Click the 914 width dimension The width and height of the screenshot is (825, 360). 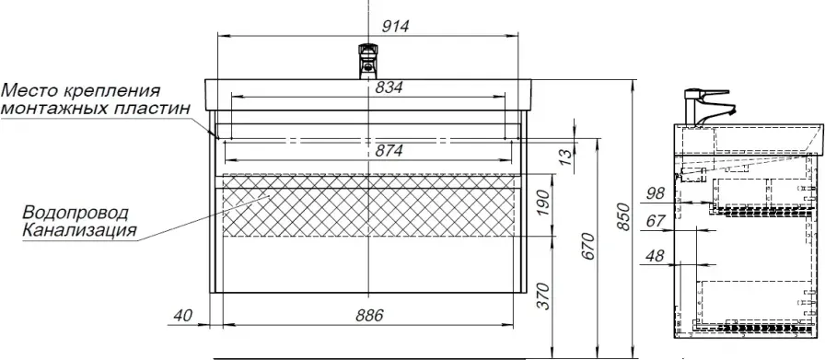(395, 27)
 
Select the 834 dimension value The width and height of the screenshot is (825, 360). (389, 87)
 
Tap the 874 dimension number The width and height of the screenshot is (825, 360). (389, 151)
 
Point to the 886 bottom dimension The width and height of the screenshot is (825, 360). (369, 316)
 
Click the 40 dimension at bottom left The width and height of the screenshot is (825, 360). (182, 316)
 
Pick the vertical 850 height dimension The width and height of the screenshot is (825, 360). (623, 216)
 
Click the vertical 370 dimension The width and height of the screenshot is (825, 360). (545, 296)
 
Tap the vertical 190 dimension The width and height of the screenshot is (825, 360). (545, 203)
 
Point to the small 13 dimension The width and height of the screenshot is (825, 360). (564, 156)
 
